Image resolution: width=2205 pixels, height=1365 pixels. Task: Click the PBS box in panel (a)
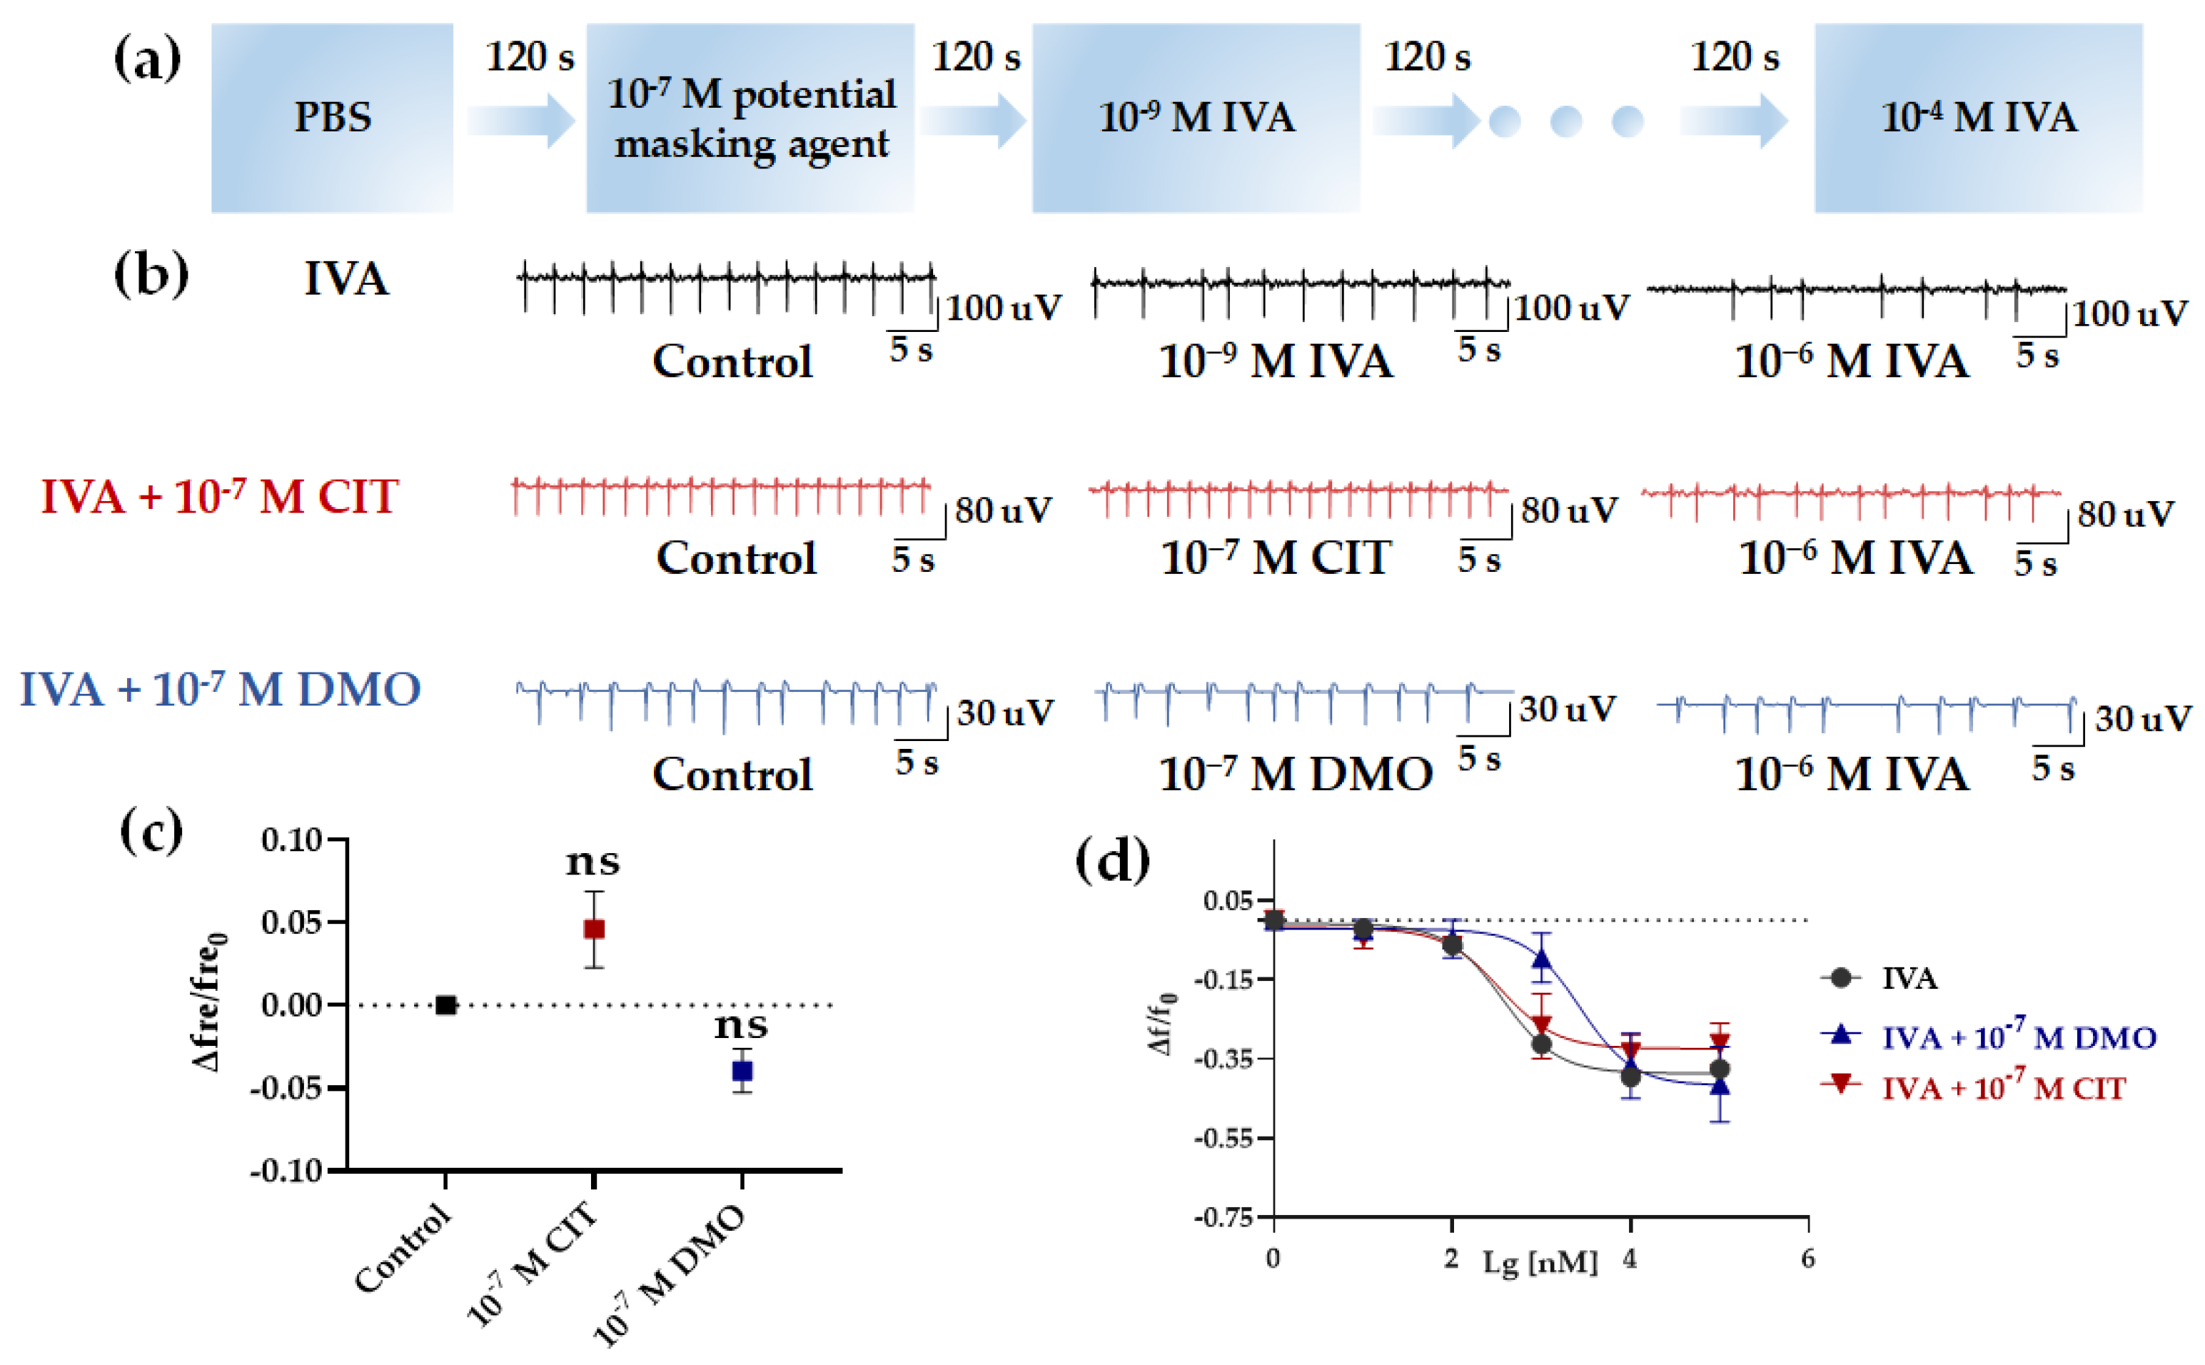pos(331,117)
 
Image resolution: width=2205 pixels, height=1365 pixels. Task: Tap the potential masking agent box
pos(750,117)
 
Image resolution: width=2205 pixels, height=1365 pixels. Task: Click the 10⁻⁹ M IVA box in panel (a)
pos(1195,117)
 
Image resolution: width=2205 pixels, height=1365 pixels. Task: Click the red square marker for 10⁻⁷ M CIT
pos(593,929)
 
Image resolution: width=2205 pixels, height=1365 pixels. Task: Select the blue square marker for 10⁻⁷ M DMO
pos(742,1071)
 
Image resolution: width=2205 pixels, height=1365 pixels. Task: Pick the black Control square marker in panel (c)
pos(445,1004)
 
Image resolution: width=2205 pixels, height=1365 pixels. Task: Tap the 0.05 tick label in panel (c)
pos(291,922)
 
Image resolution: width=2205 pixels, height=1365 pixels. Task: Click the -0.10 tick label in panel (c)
pos(286,1171)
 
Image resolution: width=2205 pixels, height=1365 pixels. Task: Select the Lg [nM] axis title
pos(1539,1262)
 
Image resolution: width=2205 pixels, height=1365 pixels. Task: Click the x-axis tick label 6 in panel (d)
pos(1807,1259)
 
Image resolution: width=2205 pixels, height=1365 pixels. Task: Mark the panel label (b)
pos(151,274)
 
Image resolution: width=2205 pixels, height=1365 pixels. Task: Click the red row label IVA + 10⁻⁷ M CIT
pos(219,497)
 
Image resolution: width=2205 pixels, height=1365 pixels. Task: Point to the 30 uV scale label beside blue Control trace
pos(1004,713)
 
